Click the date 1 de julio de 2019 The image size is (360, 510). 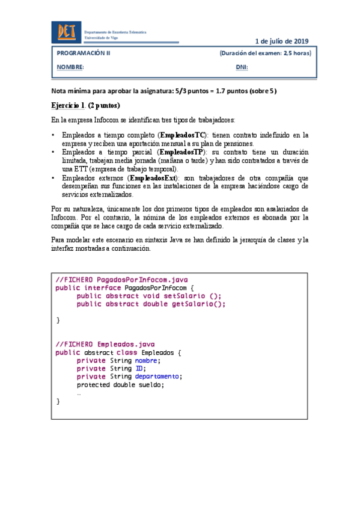click(x=282, y=41)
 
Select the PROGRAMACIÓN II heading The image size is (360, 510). click(x=84, y=53)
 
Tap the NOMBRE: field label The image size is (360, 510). click(x=70, y=67)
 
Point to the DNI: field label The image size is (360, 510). click(x=242, y=67)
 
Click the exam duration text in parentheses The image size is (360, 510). click(x=265, y=53)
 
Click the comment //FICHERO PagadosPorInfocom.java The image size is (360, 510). click(x=121, y=279)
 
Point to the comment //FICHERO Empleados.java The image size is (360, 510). click(x=105, y=344)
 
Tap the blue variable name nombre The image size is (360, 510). click(x=147, y=360)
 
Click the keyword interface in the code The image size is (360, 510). click(x=100, y=287)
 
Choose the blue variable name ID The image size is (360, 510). click(x=139, y=369)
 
